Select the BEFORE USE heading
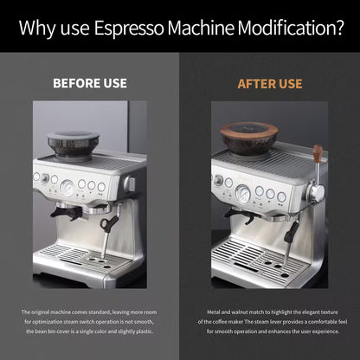point(90,84)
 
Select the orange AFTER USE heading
point(270,84)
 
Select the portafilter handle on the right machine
point(237,214)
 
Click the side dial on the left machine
point(128,184)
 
